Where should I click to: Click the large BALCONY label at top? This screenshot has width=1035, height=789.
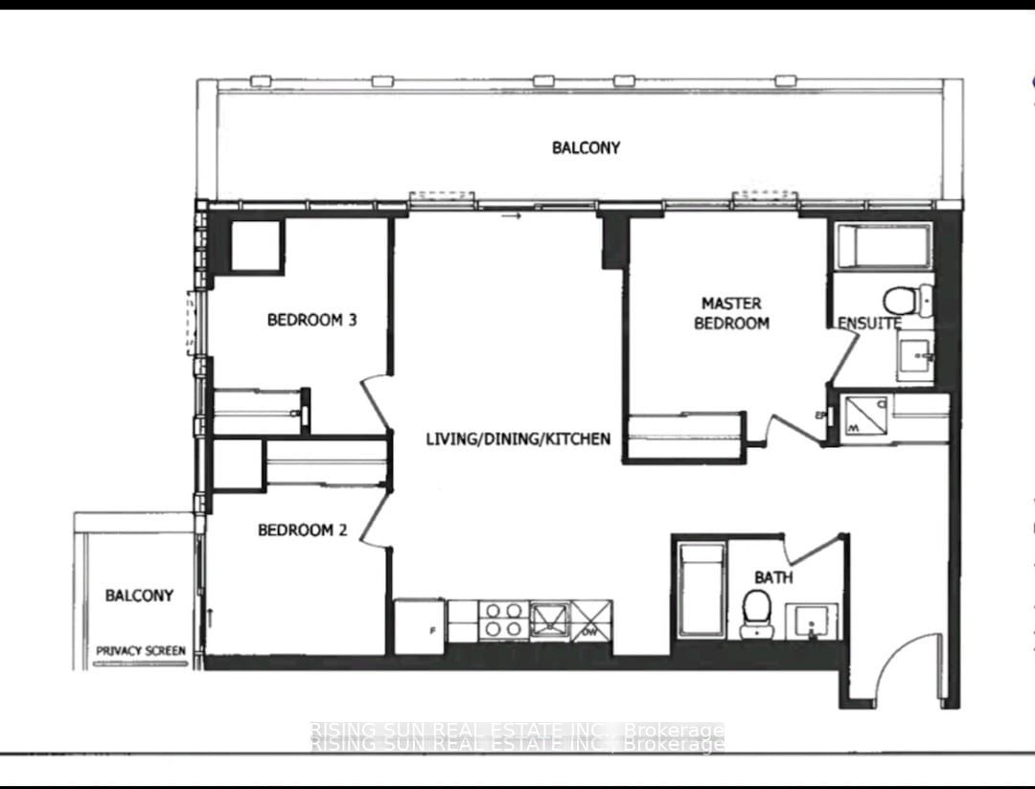[586, 147]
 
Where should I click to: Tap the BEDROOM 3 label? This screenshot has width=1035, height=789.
[311, 320]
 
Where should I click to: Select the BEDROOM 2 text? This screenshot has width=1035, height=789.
[302, 530]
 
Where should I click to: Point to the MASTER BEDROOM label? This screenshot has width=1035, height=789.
[731, 313]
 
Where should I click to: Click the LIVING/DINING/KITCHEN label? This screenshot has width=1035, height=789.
[517, 440]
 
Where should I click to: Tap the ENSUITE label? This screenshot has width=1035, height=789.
[869, 324]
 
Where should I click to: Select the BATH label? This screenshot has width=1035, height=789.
[773, 577]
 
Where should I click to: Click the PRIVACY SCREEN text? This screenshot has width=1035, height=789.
[140, 651]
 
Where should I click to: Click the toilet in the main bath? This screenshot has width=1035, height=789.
[756, 610]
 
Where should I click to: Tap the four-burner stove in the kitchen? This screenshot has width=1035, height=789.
[502, 620]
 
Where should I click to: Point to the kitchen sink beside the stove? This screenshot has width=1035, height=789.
[549, 619]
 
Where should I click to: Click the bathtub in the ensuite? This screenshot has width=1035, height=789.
[883, 246]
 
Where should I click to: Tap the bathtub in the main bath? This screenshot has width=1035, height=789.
[700, 590]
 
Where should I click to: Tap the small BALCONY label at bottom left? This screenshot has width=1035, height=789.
[139, 596]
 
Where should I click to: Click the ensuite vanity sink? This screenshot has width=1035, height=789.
[915, 357]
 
